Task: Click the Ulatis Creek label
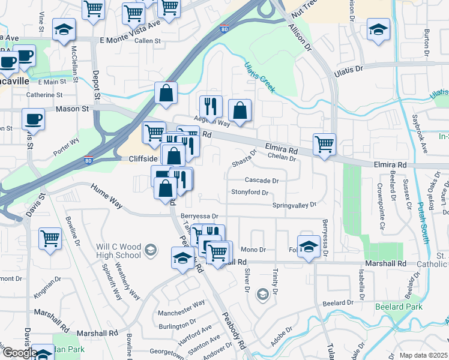[x=260, y=77]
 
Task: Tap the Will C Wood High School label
[x=119, y=251]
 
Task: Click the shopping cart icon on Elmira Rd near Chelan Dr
[x=324, y=144]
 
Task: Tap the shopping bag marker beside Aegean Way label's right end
[x=240, y=111]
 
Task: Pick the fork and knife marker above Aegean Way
[x=211, y=106]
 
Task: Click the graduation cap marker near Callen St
[x=63, y=30]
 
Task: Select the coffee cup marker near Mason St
[x=32, y=118]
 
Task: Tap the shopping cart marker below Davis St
[x=50, y=238]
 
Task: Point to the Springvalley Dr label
[x=294, y=205]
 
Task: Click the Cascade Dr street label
[x=262, y=180]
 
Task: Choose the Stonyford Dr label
[x=249, y=193]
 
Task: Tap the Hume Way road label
[x=106, y=196]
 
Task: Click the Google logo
[x=20, y=352]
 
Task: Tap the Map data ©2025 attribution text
[x=423, y=355]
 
